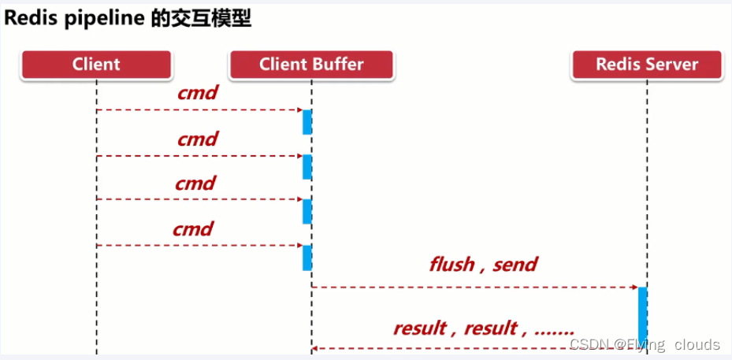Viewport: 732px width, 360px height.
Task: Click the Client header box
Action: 96,65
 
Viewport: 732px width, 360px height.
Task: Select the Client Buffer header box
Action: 311,65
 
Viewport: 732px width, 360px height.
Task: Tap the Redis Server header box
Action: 647,65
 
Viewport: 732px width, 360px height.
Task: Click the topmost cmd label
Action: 197,93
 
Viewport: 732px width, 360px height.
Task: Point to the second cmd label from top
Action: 197,139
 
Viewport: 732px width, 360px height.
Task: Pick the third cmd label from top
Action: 195,184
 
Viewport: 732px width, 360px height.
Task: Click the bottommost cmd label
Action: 194,229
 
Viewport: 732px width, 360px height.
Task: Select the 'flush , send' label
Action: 483,264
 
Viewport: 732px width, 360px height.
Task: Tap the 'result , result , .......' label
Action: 483,328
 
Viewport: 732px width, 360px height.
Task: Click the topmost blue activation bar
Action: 307,122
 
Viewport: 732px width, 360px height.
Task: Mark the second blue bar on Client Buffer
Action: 307,167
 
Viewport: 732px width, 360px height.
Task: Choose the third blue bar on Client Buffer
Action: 307,211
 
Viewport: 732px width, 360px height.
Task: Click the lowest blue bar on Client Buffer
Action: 307,258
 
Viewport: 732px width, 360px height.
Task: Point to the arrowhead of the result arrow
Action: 315,347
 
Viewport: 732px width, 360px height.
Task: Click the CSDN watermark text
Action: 644,345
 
